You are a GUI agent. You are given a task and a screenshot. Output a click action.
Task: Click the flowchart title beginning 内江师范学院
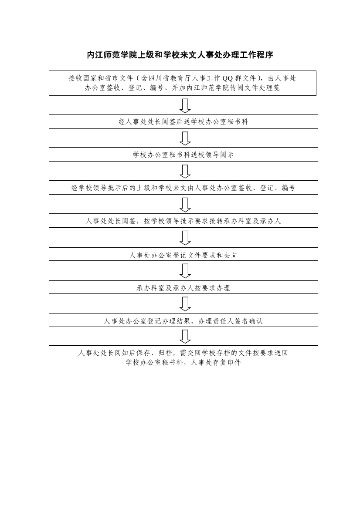point(180,55)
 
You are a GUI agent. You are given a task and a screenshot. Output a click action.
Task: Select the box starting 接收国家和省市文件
point(183,83)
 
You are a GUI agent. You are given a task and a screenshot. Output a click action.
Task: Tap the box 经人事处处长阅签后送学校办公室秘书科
point(183,121)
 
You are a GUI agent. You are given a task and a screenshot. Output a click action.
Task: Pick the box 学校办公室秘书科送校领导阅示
point(183,155)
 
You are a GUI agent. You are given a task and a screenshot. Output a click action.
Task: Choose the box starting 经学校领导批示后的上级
point(183,188)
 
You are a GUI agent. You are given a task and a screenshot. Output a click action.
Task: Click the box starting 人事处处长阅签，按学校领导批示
point(183,221)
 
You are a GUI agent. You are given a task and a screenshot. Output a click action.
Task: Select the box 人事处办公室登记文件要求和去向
point(183,254)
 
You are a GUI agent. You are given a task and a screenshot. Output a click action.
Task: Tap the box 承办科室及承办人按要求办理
point(183,287)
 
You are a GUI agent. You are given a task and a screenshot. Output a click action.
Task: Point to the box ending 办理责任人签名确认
point(183,320)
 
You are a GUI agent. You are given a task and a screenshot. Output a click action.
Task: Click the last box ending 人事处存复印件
point(183,357)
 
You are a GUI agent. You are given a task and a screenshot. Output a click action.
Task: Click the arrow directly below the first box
point(185,105)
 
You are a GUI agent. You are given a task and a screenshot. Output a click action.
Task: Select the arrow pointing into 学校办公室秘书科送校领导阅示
point(185,138)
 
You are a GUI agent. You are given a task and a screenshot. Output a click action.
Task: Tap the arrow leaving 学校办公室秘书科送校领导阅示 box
point(185,172)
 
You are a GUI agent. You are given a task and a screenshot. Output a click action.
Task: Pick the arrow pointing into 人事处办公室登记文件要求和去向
point(185,238)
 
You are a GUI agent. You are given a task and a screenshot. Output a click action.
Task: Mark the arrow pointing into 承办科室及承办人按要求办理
point(185,271)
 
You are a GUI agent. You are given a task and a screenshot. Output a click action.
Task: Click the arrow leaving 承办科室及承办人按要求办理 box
point(185,304)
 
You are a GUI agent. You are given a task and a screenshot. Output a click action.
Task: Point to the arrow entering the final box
point(185,337)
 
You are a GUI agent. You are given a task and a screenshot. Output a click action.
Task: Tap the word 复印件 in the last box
point(231,363)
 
